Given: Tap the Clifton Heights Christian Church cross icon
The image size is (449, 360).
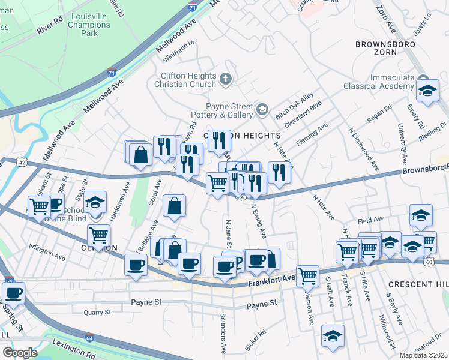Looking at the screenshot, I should (226, 79).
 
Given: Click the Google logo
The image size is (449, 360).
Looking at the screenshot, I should (20, 353).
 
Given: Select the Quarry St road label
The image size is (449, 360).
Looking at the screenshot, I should (97, 312).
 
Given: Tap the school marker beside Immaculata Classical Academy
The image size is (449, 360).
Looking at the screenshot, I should (427, 92).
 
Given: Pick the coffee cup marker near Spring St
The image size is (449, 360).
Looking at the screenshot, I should (14, 293).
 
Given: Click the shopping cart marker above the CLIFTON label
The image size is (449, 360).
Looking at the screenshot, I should (98, 235).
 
